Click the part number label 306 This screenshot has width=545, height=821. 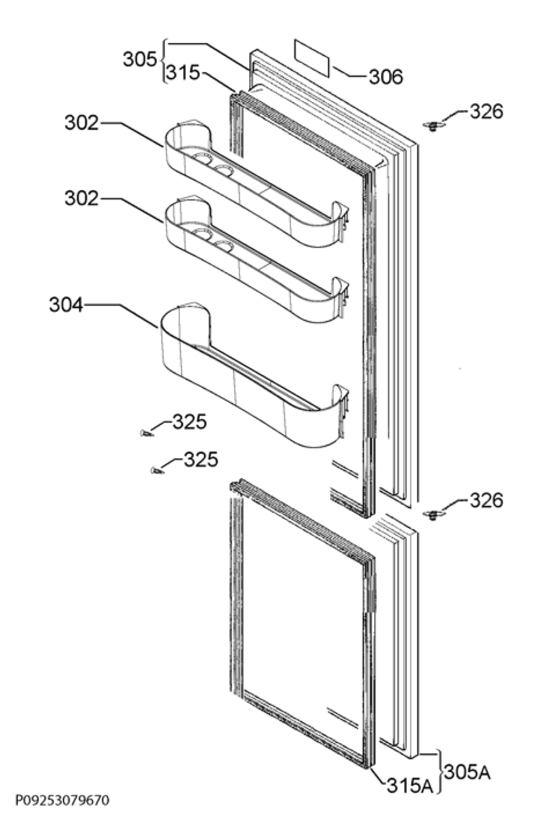(386, 77)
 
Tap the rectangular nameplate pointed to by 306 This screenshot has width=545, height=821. (312, 58)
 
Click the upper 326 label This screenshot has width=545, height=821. (486, 112)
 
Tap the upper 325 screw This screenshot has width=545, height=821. (146, 433)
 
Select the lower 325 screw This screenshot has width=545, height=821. (157, 471)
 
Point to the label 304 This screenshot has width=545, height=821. (66, 305)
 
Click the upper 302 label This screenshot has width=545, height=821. (82, 122)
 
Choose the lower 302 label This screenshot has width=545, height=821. (82, 198)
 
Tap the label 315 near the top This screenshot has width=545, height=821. (183, 73)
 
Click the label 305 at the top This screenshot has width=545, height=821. (140, 59)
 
